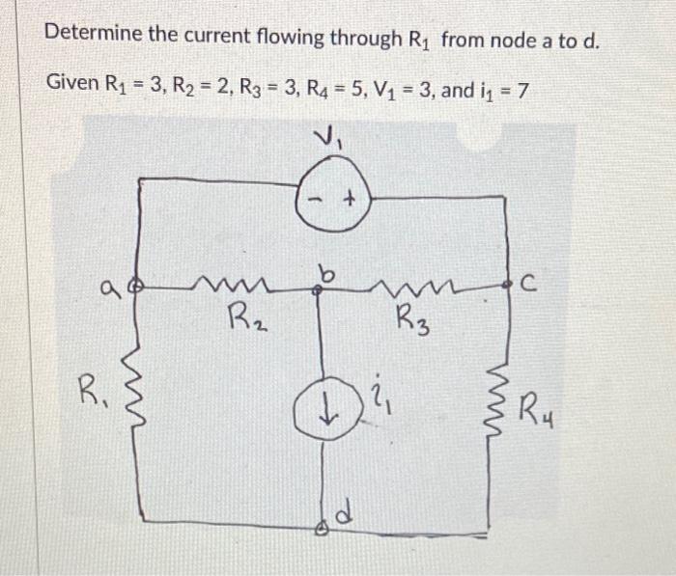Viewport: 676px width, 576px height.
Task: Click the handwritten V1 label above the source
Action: coord(328,138)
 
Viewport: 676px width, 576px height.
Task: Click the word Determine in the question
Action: coord(92,37)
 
